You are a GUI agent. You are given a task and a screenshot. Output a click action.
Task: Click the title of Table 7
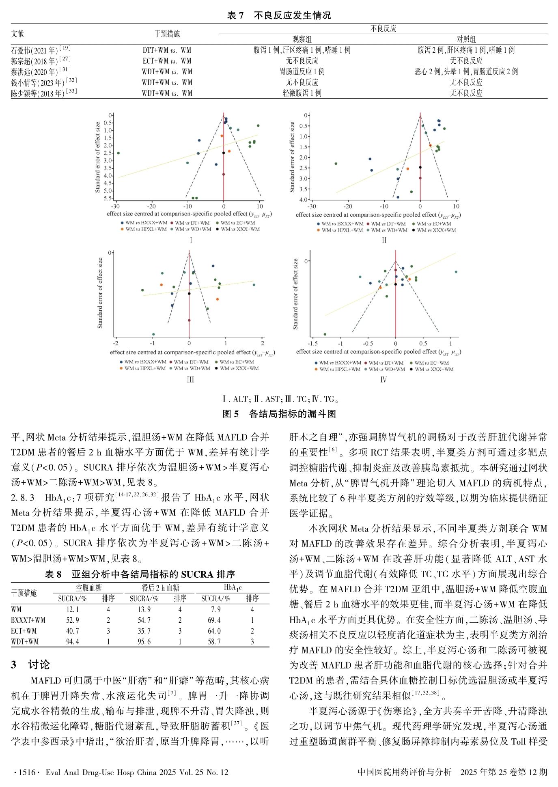(x=279, y=15)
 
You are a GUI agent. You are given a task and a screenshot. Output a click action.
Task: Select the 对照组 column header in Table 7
(x=466, y=39)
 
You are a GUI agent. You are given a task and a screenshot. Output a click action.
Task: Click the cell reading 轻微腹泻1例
(x=302, y=93)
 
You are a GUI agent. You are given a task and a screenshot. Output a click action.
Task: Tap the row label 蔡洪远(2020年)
(x=34, y=72)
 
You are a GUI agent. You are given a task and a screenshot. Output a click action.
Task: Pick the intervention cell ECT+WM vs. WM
(x=167, y=61)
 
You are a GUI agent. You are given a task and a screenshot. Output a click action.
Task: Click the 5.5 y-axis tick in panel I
(x=108, y=198)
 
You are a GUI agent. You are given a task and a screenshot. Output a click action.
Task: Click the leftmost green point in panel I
(x=118, y=153)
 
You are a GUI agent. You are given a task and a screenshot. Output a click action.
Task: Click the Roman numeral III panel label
(x=190, y=380)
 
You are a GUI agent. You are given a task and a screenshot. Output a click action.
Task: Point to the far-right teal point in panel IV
(x=456, y=272)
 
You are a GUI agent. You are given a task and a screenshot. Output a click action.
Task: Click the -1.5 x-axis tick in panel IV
(x=312, y=343)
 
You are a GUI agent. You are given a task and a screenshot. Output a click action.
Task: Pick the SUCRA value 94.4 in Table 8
(x=72, y=641)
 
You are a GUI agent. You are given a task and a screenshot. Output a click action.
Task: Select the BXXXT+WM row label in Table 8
(x=28, y=620)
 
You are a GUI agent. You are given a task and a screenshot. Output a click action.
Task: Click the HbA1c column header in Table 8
(x=233, y=587)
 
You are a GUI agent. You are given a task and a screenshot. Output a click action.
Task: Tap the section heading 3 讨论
(x=30, y=664)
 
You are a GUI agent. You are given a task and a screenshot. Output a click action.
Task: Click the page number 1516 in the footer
(x=27, y=772)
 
